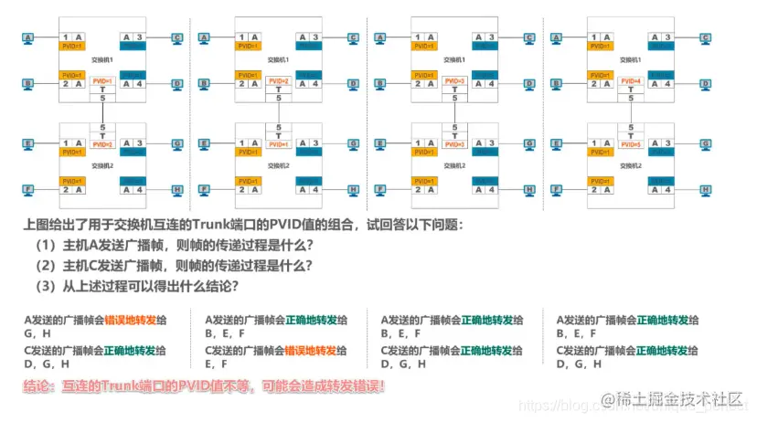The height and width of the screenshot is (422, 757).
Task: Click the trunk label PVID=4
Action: (629, 81)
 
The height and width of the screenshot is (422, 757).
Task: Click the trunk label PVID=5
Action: (629, 144)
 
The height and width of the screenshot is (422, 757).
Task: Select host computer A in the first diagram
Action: (28, 38)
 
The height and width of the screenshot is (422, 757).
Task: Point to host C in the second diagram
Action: (353, 38)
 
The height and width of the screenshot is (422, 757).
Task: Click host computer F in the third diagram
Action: (380, 190)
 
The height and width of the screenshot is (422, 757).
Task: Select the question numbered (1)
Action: (174, 246)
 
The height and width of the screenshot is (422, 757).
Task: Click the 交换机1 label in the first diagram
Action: (102, 59)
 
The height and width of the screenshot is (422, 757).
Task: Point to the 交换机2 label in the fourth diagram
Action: (629, 165)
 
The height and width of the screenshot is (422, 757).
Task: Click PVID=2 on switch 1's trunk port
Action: (279, 81)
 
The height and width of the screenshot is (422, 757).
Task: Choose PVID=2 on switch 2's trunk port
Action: (102, 144)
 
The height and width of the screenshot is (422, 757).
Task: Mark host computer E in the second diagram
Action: (204, 144)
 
